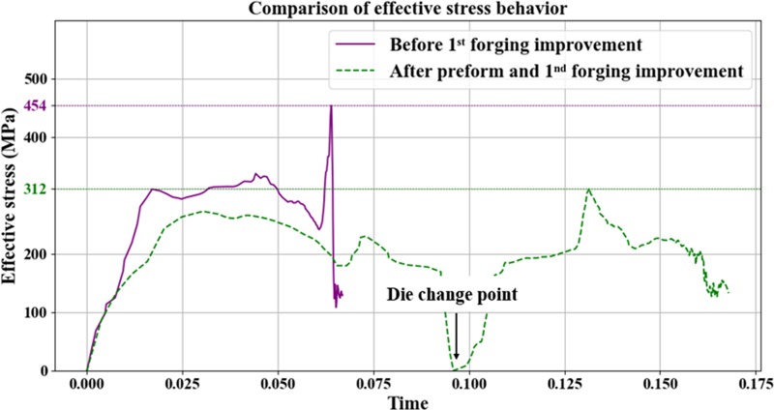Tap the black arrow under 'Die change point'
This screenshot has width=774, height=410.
456,338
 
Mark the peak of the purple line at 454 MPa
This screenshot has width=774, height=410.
331,106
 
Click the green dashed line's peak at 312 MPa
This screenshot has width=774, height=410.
588,190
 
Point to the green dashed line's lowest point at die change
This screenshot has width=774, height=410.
455,369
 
